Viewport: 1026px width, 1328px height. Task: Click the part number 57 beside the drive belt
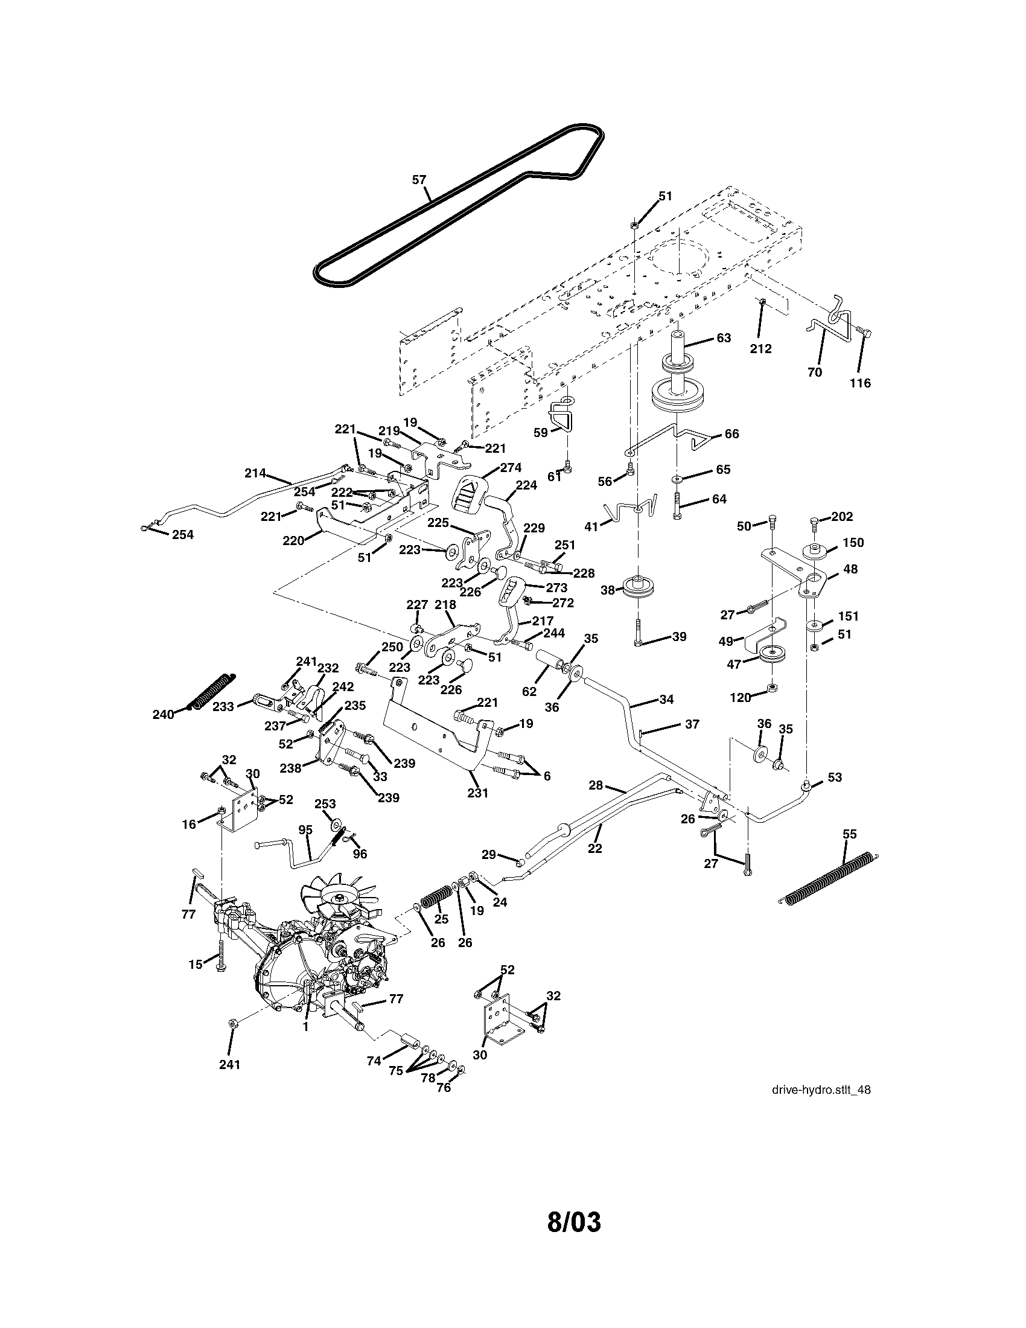(x=419, y=179)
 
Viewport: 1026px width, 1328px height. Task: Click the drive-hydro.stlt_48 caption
(x=821, y=1090)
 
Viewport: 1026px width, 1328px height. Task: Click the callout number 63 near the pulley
(x=724, y=337)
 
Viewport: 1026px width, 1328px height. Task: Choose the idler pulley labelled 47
(x=773, y=656)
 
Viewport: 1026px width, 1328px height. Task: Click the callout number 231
(x=478, y=793)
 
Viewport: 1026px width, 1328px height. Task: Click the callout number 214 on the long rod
(x=255, y=473)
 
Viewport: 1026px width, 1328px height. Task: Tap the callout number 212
(x=760, y=348)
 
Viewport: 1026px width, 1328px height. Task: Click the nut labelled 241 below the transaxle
(x=232, y=1024)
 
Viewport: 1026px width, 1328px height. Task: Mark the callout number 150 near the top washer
(x=853, y=543)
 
